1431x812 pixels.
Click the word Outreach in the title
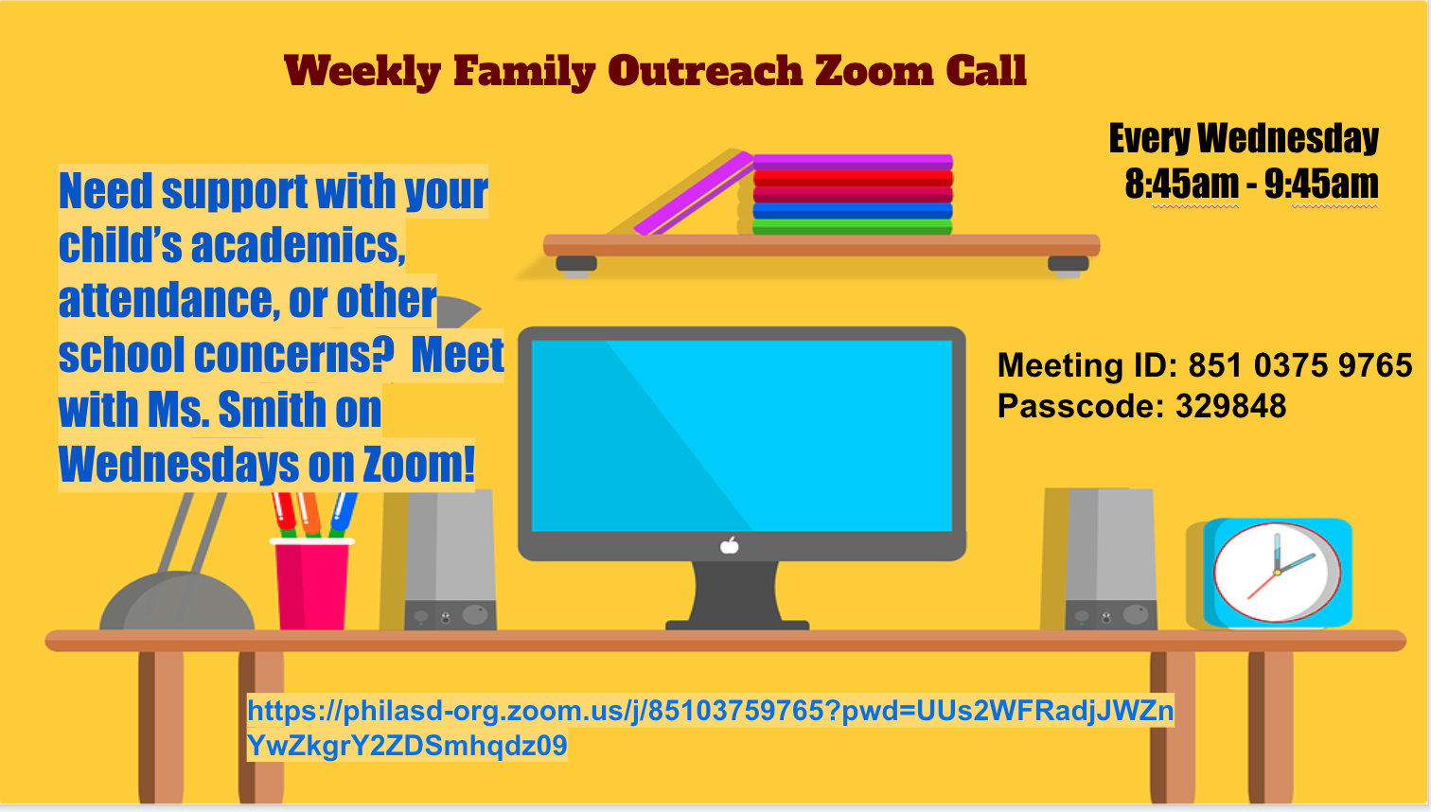point(705,70)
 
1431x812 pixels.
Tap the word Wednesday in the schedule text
point(1288,138)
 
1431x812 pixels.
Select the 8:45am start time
point(1182,184)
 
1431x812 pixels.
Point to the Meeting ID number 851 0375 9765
point(1300,365)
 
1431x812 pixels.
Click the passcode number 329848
point(1230,406)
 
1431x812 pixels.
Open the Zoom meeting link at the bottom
point(711,728)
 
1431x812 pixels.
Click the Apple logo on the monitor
point(730,546)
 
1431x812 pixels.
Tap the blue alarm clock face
point(1277,573)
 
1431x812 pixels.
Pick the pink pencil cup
point(311,584)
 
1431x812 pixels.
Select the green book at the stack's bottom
point(852,227)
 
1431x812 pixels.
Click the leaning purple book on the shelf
point(694,194)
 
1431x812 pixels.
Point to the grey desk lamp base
point(177,601)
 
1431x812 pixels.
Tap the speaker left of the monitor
point(450,559)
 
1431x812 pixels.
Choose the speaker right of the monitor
point(1110,559)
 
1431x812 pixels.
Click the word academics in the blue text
point(298,245)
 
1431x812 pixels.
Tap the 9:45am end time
point(1321,184)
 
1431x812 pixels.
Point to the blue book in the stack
point(852,211)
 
